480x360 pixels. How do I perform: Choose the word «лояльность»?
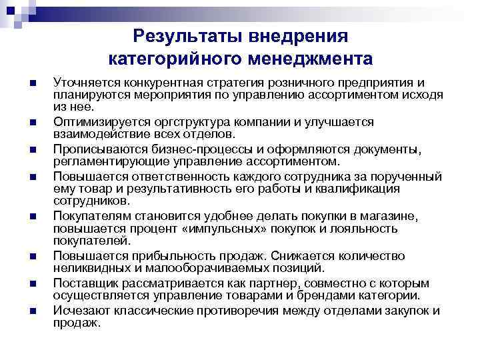point(366,229)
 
